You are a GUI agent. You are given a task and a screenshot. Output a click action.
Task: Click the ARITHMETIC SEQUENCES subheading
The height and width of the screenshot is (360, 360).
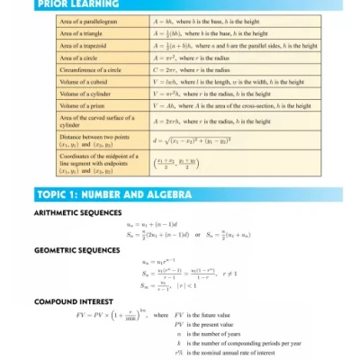(x=77, y=213)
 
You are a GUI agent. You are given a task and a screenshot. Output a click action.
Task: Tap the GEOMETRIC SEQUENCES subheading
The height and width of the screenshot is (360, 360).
(x=76, y=250)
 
